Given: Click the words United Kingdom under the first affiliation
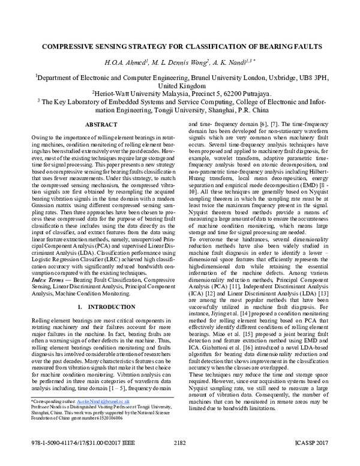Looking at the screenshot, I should (x=179, y=85).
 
